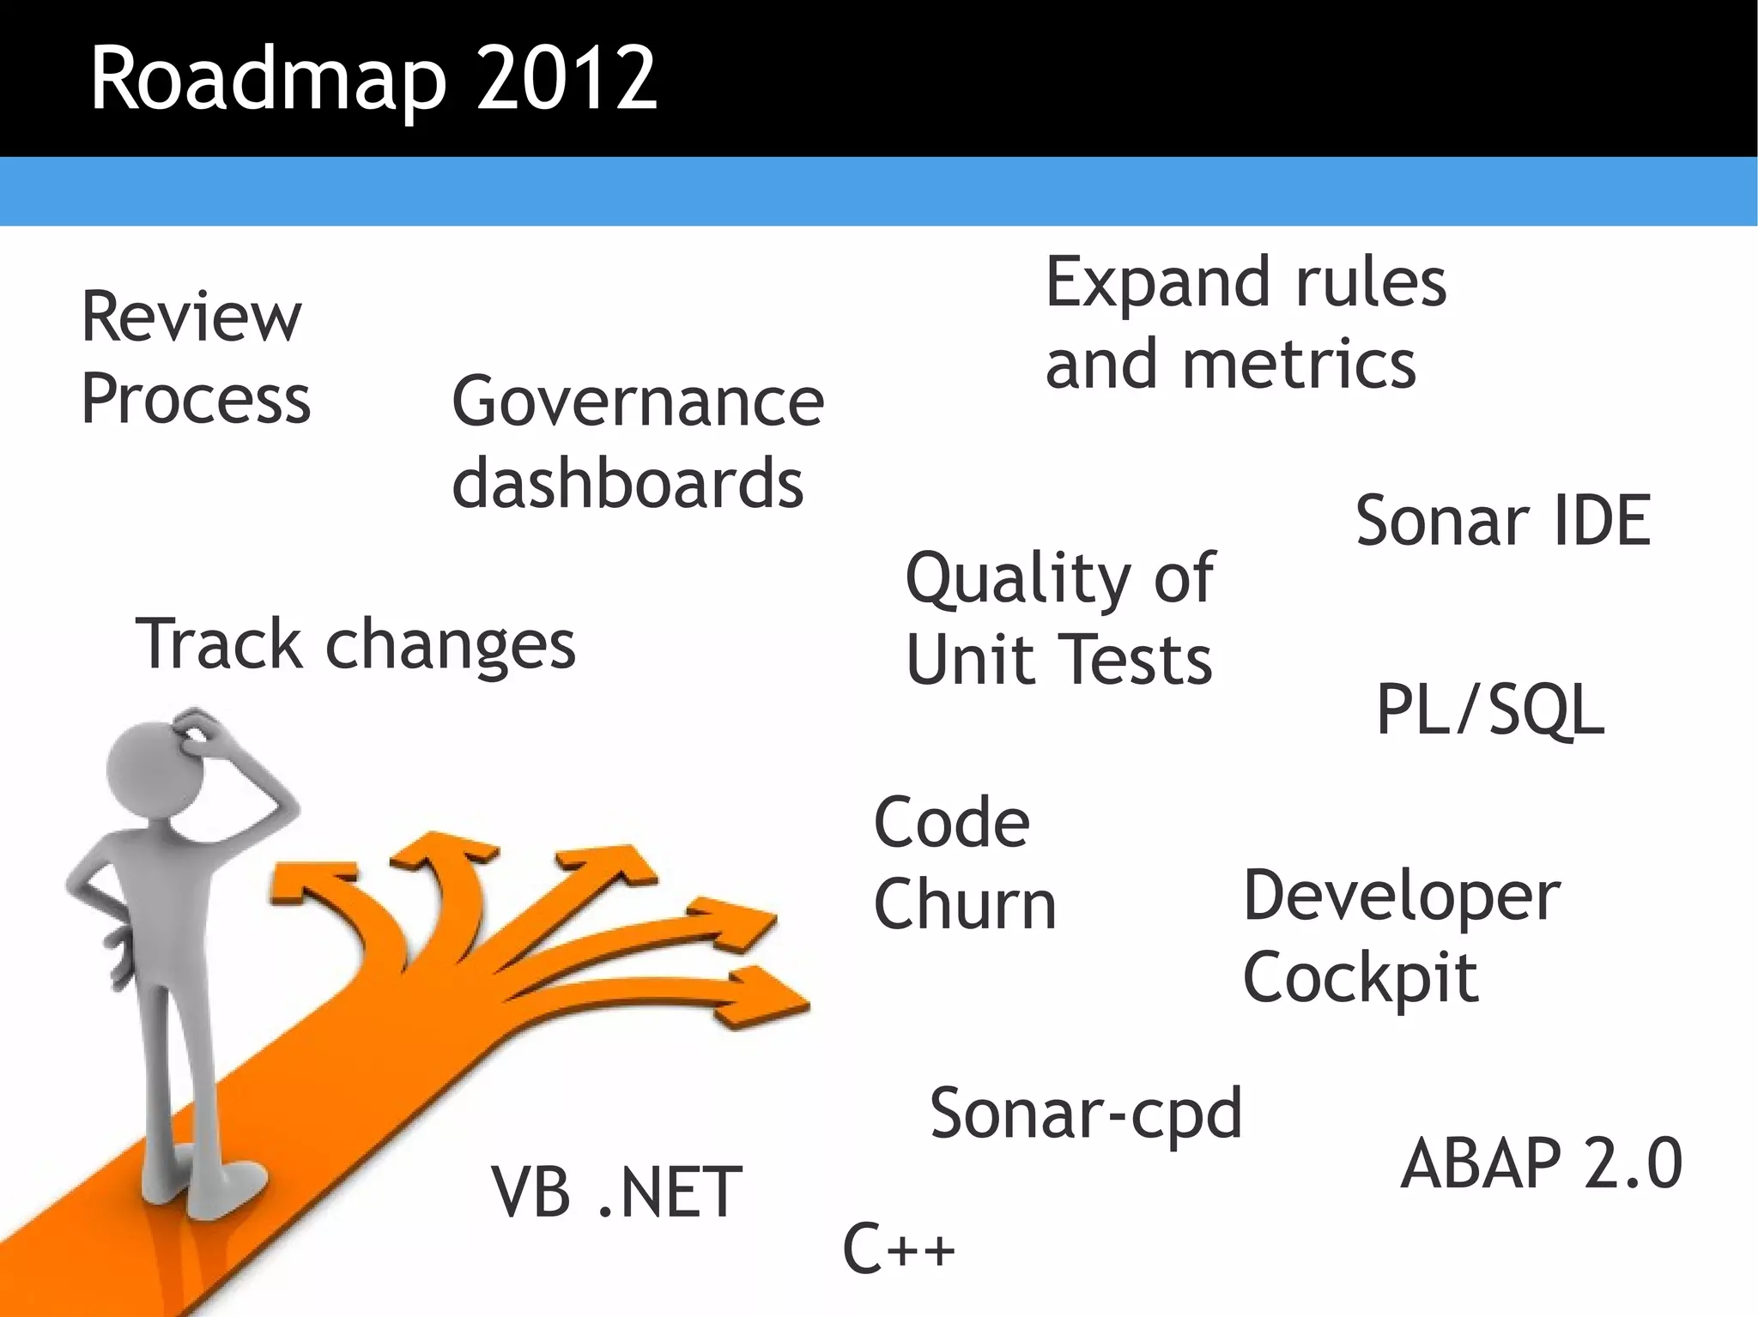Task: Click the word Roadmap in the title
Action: (268, 79)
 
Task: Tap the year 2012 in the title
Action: (567, 79)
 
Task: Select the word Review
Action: (191, 317)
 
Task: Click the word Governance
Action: (638, 402)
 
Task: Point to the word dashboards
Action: (627, 483)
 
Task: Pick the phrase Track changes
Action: (355, 644)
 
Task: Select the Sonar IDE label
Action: (1503, 521)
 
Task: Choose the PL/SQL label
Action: (1490, 710)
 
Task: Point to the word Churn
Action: (965, 904)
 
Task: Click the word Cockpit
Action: (1361, 978)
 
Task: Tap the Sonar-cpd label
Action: (1086, 1114)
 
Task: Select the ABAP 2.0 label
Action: (1542, 1163)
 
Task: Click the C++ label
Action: (899, 1248)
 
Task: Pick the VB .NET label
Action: (616, 1193)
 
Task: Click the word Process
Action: (196, 399)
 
